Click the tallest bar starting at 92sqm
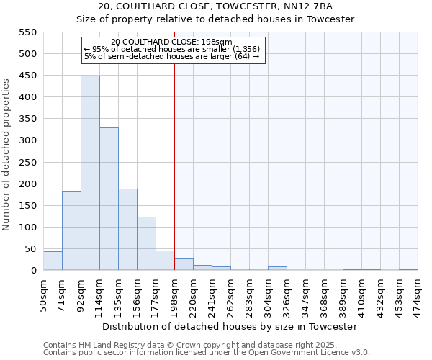coord(90,173)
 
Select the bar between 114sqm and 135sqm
coord(109,199)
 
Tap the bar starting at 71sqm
coord(71,230)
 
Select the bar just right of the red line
coord(184,264)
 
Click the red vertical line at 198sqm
coord(174,180)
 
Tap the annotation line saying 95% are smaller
coord(172,49)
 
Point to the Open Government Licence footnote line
coord(207,353)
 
